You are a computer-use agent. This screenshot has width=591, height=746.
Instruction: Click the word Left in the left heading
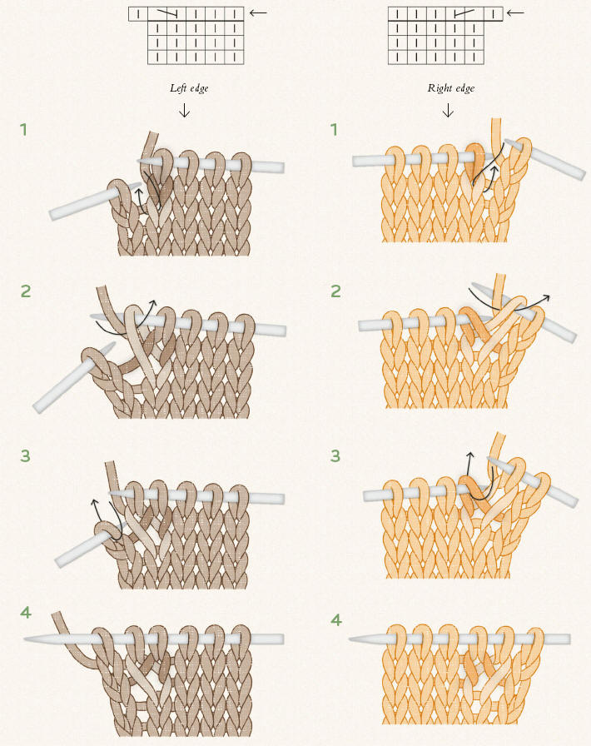pos(178,88)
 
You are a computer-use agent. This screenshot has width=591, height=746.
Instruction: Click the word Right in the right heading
pos(438,88)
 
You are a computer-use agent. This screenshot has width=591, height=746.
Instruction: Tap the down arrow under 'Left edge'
pos(184,111)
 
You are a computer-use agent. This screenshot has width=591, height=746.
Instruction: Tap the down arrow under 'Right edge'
pos(448,111)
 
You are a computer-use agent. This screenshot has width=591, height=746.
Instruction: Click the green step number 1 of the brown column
pos(23,129)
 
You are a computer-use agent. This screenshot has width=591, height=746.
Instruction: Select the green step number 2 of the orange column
pos(336,291)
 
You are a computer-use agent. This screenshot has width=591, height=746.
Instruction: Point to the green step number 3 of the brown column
pos(25,455)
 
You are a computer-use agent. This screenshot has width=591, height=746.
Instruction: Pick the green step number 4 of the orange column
pos(336,620)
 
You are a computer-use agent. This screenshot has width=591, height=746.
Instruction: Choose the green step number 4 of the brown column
pos(26,612)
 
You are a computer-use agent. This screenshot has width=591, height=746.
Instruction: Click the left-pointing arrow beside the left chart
pos(258,12)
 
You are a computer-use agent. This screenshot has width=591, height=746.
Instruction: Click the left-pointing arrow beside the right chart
pos(515,12)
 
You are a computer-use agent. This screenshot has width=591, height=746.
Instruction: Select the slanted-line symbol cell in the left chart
pos(166,14)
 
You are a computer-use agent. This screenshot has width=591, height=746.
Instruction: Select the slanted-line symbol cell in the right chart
pos(464,14)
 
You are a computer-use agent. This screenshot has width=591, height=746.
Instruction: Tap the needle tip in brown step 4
pos(25,639)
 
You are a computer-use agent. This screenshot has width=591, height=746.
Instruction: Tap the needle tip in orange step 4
pos(350,639)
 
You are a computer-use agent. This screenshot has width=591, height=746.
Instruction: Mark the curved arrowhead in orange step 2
pos(547,297)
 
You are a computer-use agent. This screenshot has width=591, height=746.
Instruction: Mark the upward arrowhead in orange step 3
pos(469,455)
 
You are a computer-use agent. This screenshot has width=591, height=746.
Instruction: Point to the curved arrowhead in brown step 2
pos(153,302)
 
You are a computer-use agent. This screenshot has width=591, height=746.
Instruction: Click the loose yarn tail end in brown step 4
pos(56,614)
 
